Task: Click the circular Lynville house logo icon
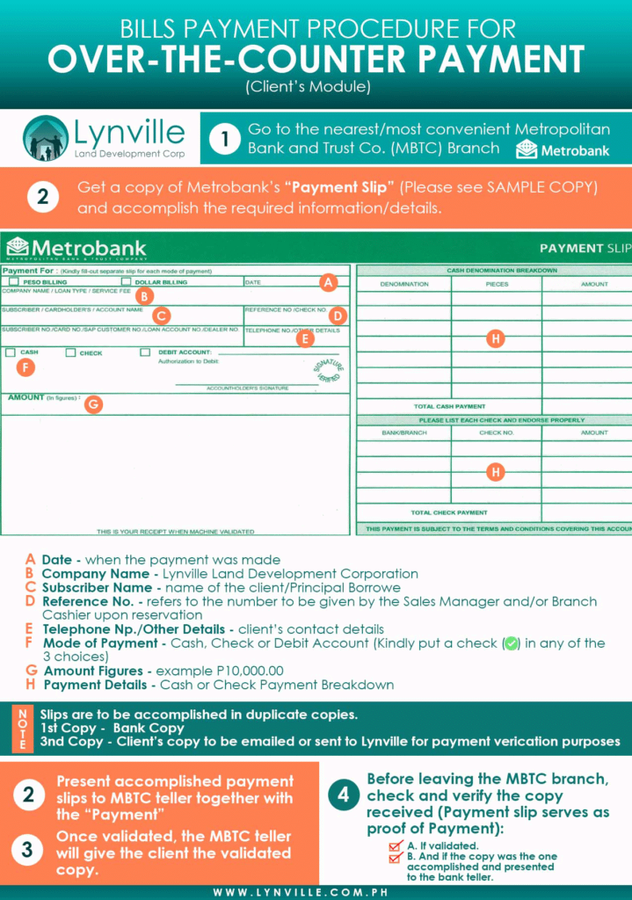pos(46,138)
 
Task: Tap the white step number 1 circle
pos(226,139)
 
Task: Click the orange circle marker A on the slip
pos(328,282)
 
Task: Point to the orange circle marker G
pos(92,404)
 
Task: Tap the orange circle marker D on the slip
pos(338,316)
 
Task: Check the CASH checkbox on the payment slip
pos(10,352)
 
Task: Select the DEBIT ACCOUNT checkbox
pos(145,352)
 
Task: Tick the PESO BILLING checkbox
pos(13,282)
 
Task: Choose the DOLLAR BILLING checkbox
pos(126,282)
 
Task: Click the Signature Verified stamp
pos(329,373)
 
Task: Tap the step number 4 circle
pos(342,795)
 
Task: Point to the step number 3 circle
pos(28,850)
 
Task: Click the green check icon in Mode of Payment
pos(511,643)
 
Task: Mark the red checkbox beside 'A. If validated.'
pos(396,846)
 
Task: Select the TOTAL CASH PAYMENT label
pos(449,407)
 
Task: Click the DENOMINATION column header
pos(404,285)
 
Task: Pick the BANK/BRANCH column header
pos(403,432)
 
